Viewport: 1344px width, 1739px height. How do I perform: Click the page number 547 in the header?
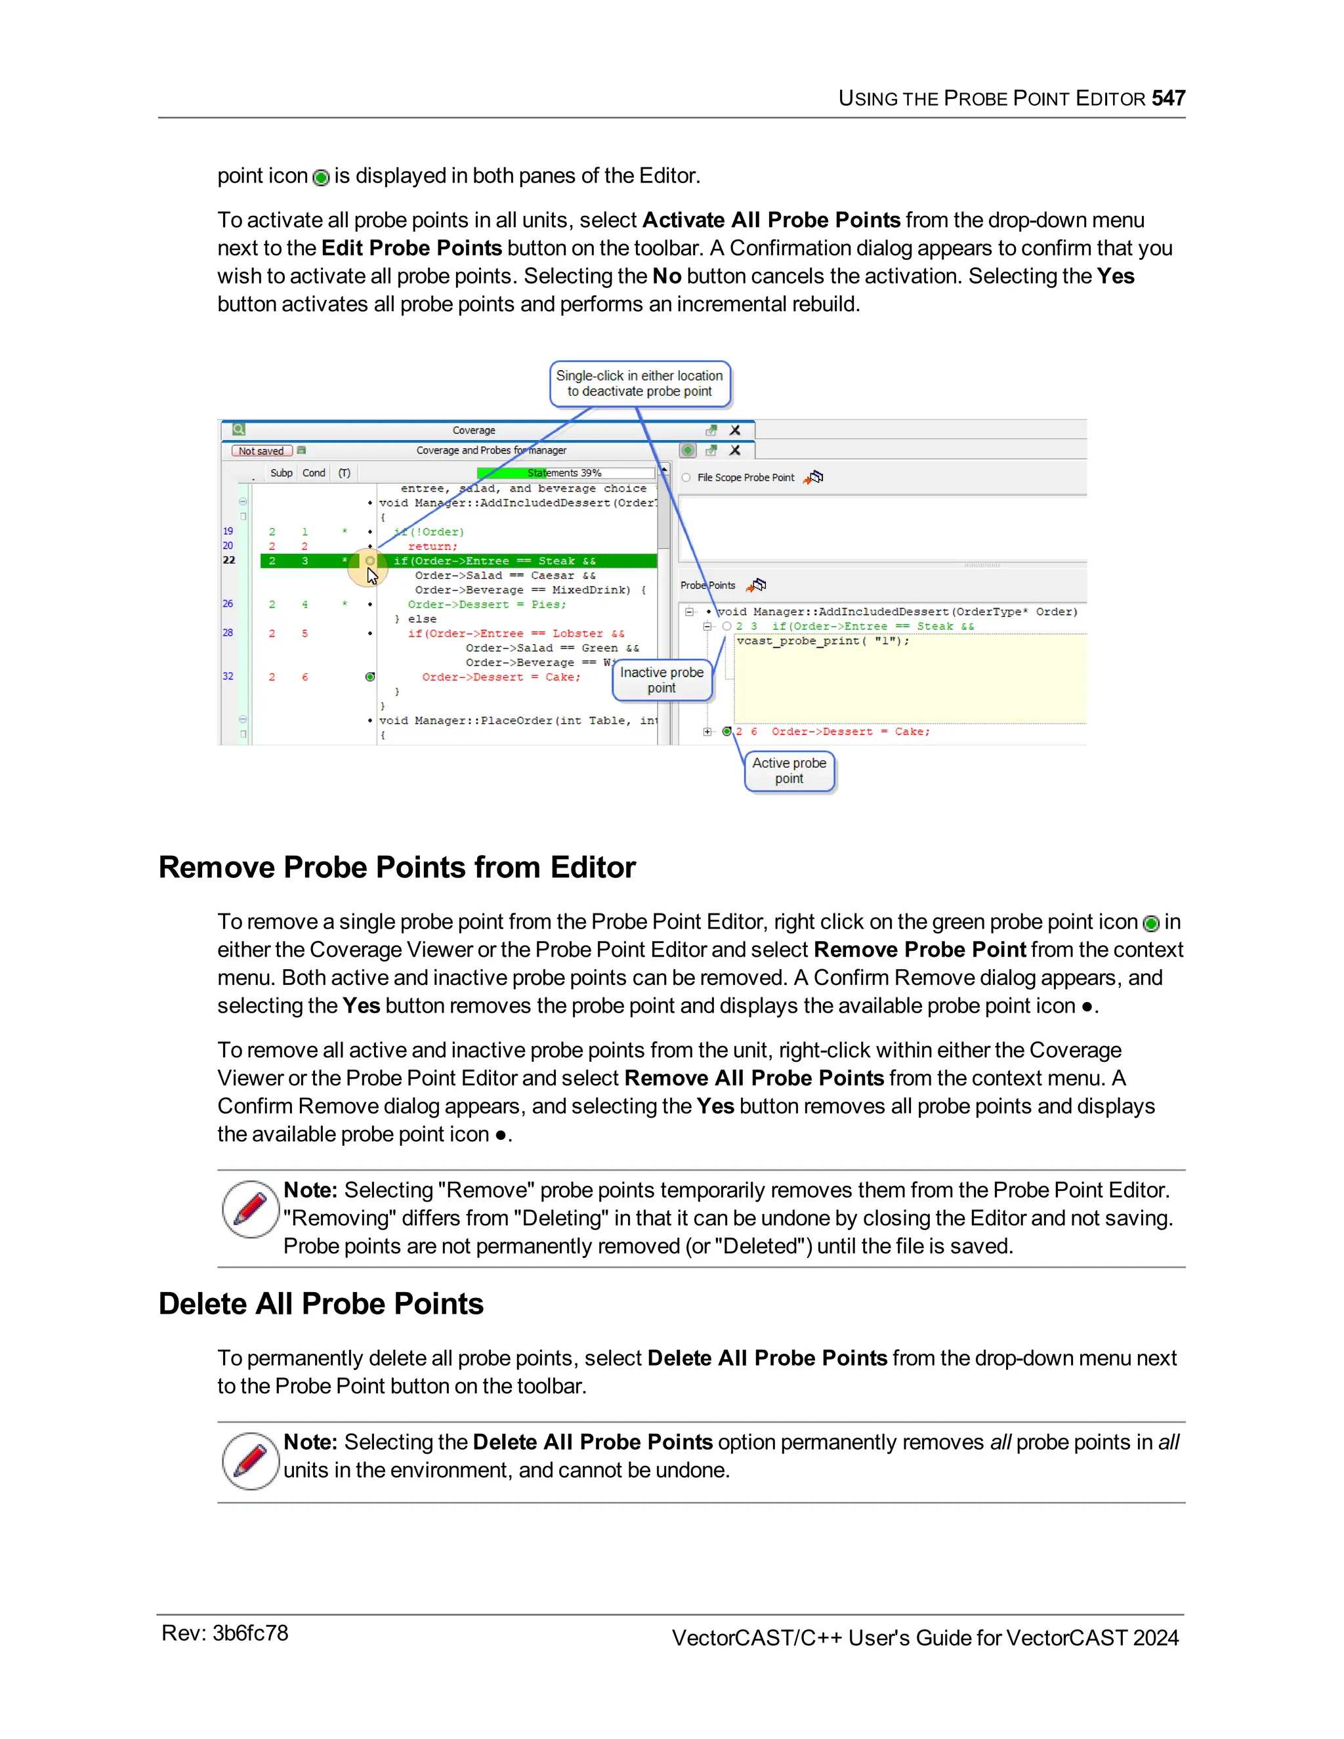[1167, 98]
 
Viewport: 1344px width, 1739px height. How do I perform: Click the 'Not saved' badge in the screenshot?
[261, 451]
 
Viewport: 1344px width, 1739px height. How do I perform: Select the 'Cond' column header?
[314, 473]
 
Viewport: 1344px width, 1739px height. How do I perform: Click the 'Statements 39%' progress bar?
[564, 473]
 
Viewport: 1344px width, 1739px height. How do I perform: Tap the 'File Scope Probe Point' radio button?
[686, 478]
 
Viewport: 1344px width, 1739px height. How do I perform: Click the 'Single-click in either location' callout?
[639, 384]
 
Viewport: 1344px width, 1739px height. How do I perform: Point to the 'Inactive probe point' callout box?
[661, 680]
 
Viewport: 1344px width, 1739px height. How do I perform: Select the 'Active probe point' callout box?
[789, 771]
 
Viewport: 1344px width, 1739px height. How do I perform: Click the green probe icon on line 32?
[370, 677]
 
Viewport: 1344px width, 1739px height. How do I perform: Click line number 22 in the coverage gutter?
[228, 560]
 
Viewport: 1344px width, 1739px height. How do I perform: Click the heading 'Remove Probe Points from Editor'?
[396, 867]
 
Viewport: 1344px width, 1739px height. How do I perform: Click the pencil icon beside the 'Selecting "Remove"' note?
[251, 1209]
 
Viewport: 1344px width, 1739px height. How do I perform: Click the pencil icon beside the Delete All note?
[251, 1461]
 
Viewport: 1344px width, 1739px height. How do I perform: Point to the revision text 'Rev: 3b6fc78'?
[224, 1633]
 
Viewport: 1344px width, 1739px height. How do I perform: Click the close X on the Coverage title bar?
[735, 430]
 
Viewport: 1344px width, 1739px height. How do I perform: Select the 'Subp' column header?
[281, 473]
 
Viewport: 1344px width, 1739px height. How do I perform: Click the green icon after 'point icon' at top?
[321, 178]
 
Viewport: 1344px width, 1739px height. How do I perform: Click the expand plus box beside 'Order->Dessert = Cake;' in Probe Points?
[707, 732]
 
